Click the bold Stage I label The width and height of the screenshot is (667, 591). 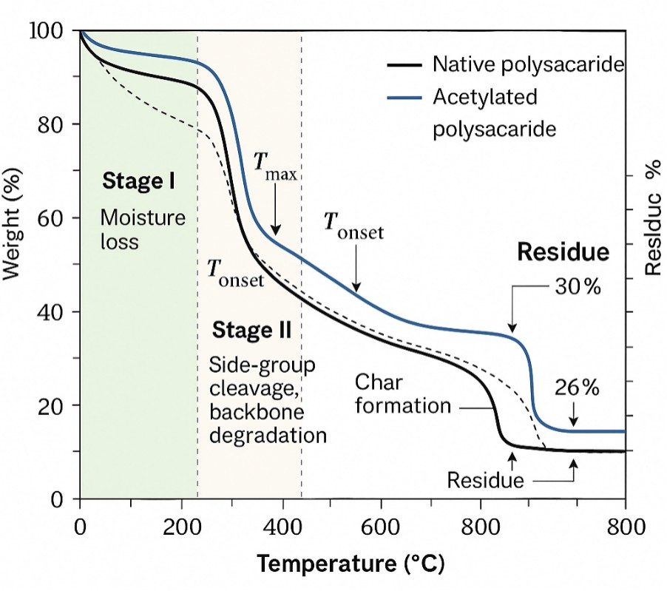pyautogui.click(x=138, y=180)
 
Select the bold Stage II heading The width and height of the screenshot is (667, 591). pyautogui.click(x=251, y=330)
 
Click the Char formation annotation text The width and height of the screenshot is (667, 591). pyautogui.click(x=402, y=394)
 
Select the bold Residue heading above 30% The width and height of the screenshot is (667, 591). pyautogui.click(x=563, y=252)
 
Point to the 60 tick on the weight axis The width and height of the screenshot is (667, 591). pyautogui.click(x=52, y=218)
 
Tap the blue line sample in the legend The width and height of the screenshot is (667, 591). pyautogui.click(x=404, y=98)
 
